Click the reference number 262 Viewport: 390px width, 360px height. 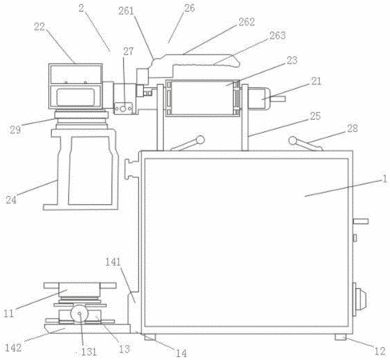[x=246, y=22]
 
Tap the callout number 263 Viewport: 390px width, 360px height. [x=277, y=35]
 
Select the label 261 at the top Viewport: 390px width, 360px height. [x=126, y=11]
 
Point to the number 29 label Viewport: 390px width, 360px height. [x=15, y=130]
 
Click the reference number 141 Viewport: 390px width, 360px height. [x=113, y=262]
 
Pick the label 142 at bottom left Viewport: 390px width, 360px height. [x=14, y=348]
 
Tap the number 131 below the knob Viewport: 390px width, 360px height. [x=88, y=352]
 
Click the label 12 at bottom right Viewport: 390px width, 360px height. [x=380, y=351]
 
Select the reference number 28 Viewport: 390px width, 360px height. [x=352, y=129]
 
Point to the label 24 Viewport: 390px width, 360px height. [x=11, y=200]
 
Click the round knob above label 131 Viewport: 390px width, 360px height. [x=79, y=314]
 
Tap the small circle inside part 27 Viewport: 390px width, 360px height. [x=123, y=109]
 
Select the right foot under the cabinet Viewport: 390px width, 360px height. [x=340, y=337]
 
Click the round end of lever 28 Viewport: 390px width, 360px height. [x=292, y=141]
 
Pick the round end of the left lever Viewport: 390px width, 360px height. [x=200, y=140]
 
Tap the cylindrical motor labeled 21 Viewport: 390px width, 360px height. [x=259, y=98]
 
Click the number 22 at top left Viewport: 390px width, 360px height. [x=39, y=27]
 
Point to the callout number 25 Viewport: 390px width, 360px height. [x=315, y=116]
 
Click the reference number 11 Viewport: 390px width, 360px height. [x=9, y=314]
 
